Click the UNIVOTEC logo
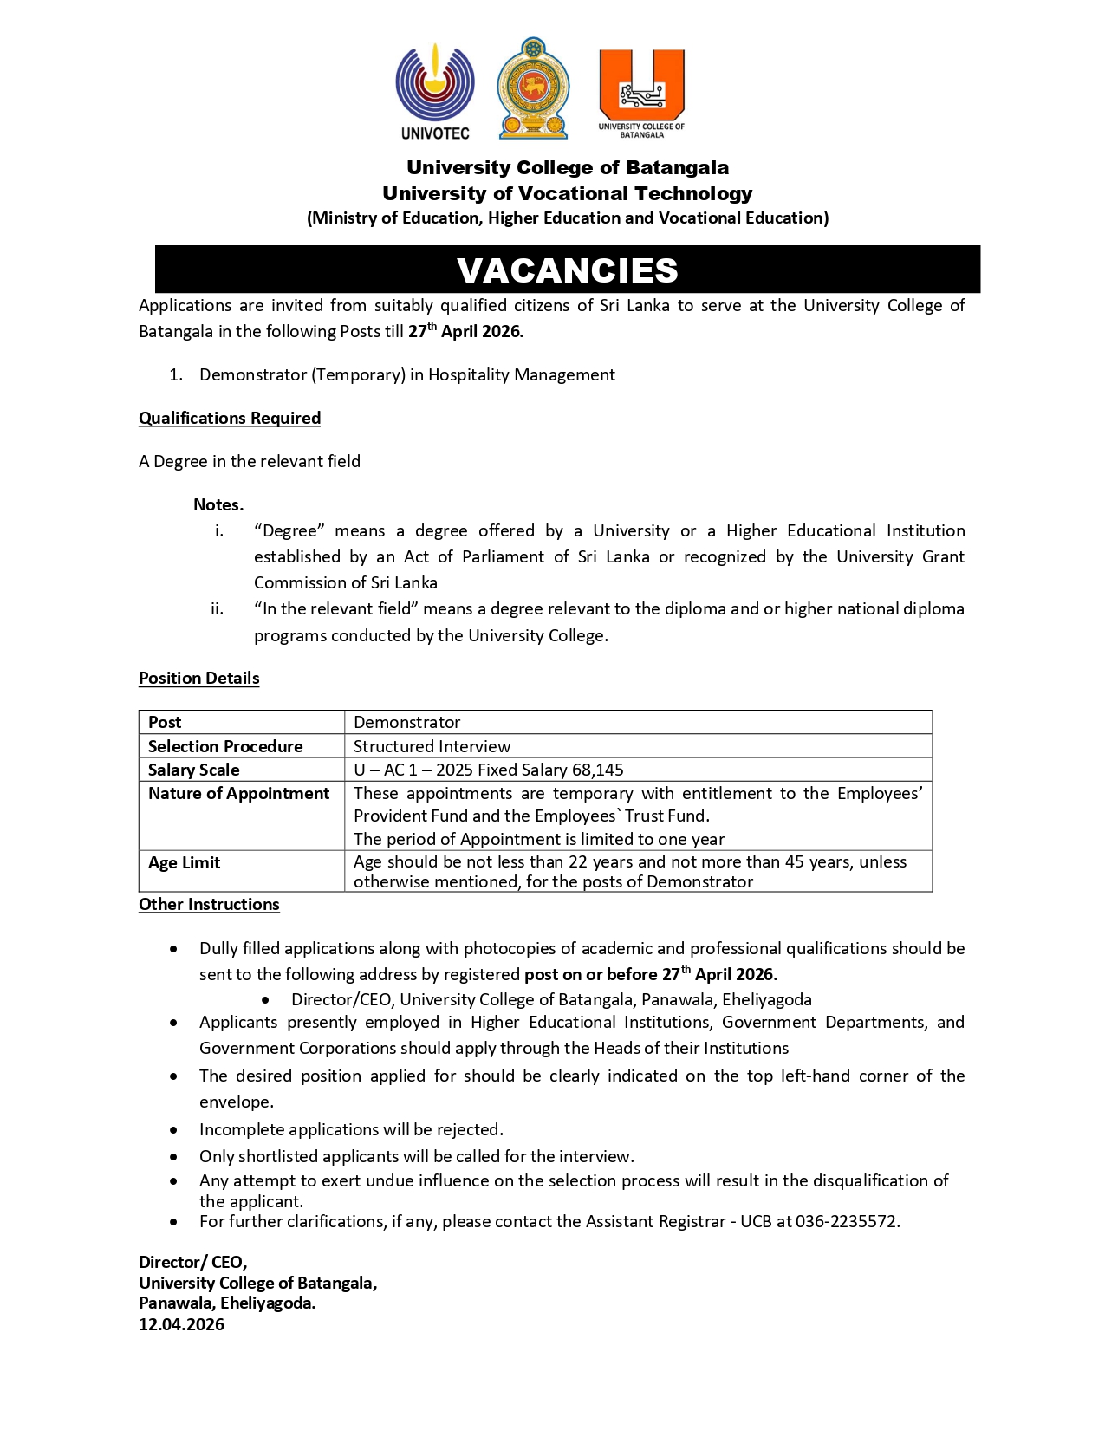435,91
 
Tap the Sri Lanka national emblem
533,88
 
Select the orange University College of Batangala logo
641,92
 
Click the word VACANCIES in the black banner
568,270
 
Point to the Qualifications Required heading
230,418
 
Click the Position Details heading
199,678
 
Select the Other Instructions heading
209,904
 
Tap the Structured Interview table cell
432,746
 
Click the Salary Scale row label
194,770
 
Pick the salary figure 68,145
597,770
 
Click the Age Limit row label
184,862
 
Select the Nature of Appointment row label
238,793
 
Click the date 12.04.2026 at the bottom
181,1324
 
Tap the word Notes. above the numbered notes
218,504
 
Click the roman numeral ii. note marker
217,608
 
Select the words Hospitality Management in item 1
521,374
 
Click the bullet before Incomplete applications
175,1130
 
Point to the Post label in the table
165,722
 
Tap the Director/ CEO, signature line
192,1262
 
